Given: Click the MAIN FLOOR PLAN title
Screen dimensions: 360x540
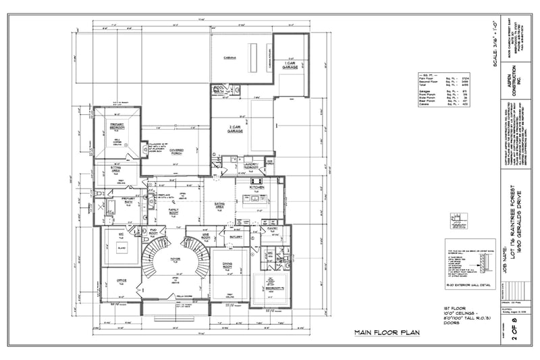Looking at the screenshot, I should pyautogui.click(x=388, y=333).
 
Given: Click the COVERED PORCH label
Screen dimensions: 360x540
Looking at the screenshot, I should pyautogui.click(x=177, y=151).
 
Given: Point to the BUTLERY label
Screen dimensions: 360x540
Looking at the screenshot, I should pyautogui.click(x=236, y=238).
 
